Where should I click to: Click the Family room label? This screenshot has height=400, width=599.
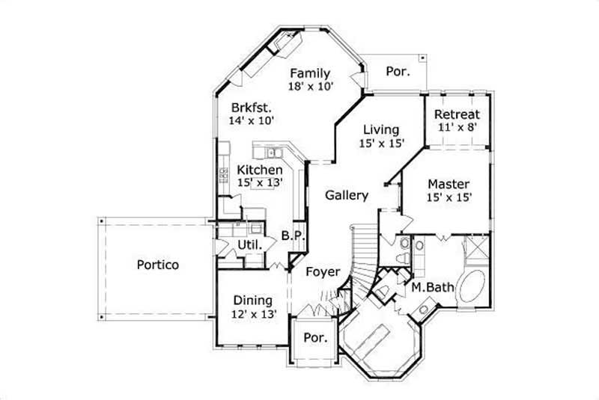pos(310,73)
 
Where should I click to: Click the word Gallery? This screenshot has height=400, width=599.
pos(347,196)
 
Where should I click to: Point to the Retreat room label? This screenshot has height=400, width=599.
pos(457,115)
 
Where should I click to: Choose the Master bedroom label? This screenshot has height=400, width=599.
pos(449,184)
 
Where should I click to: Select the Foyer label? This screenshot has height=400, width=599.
pos(323,272)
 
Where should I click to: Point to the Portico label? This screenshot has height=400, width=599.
pos(157,265)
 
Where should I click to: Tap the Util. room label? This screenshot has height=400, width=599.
pos(249,245)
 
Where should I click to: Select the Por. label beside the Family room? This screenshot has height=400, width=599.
pos(397,72)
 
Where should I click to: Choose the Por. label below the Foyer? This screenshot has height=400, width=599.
pos(315,338)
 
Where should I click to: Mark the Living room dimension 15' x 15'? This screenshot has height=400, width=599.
pos(382,144)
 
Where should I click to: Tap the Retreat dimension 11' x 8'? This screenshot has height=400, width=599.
pos(457,129)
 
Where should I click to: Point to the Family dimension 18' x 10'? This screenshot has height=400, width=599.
pos(310,86)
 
